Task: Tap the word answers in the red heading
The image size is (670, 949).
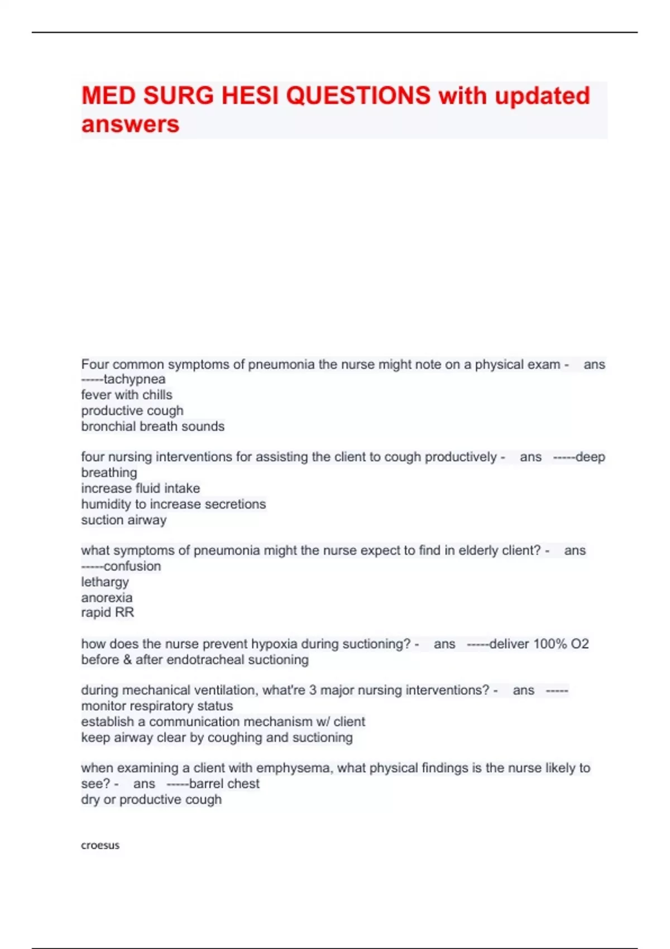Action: click(130, 124)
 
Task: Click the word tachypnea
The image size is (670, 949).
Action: click(135, 380)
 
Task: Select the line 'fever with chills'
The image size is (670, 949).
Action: click(127, 395)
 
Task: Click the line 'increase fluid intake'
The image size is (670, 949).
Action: click(140, 488)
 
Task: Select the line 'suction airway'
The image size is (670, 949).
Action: click(124, 520)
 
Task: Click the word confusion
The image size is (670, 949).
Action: click(132, 567)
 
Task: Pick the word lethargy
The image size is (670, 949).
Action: click(105, 582)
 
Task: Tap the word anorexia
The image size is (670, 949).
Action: click(107, 598)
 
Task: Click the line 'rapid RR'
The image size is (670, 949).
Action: click(108, 613)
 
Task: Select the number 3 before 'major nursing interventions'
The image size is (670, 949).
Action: click(313, 691)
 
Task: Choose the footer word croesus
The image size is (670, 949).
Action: click(100, 845)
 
